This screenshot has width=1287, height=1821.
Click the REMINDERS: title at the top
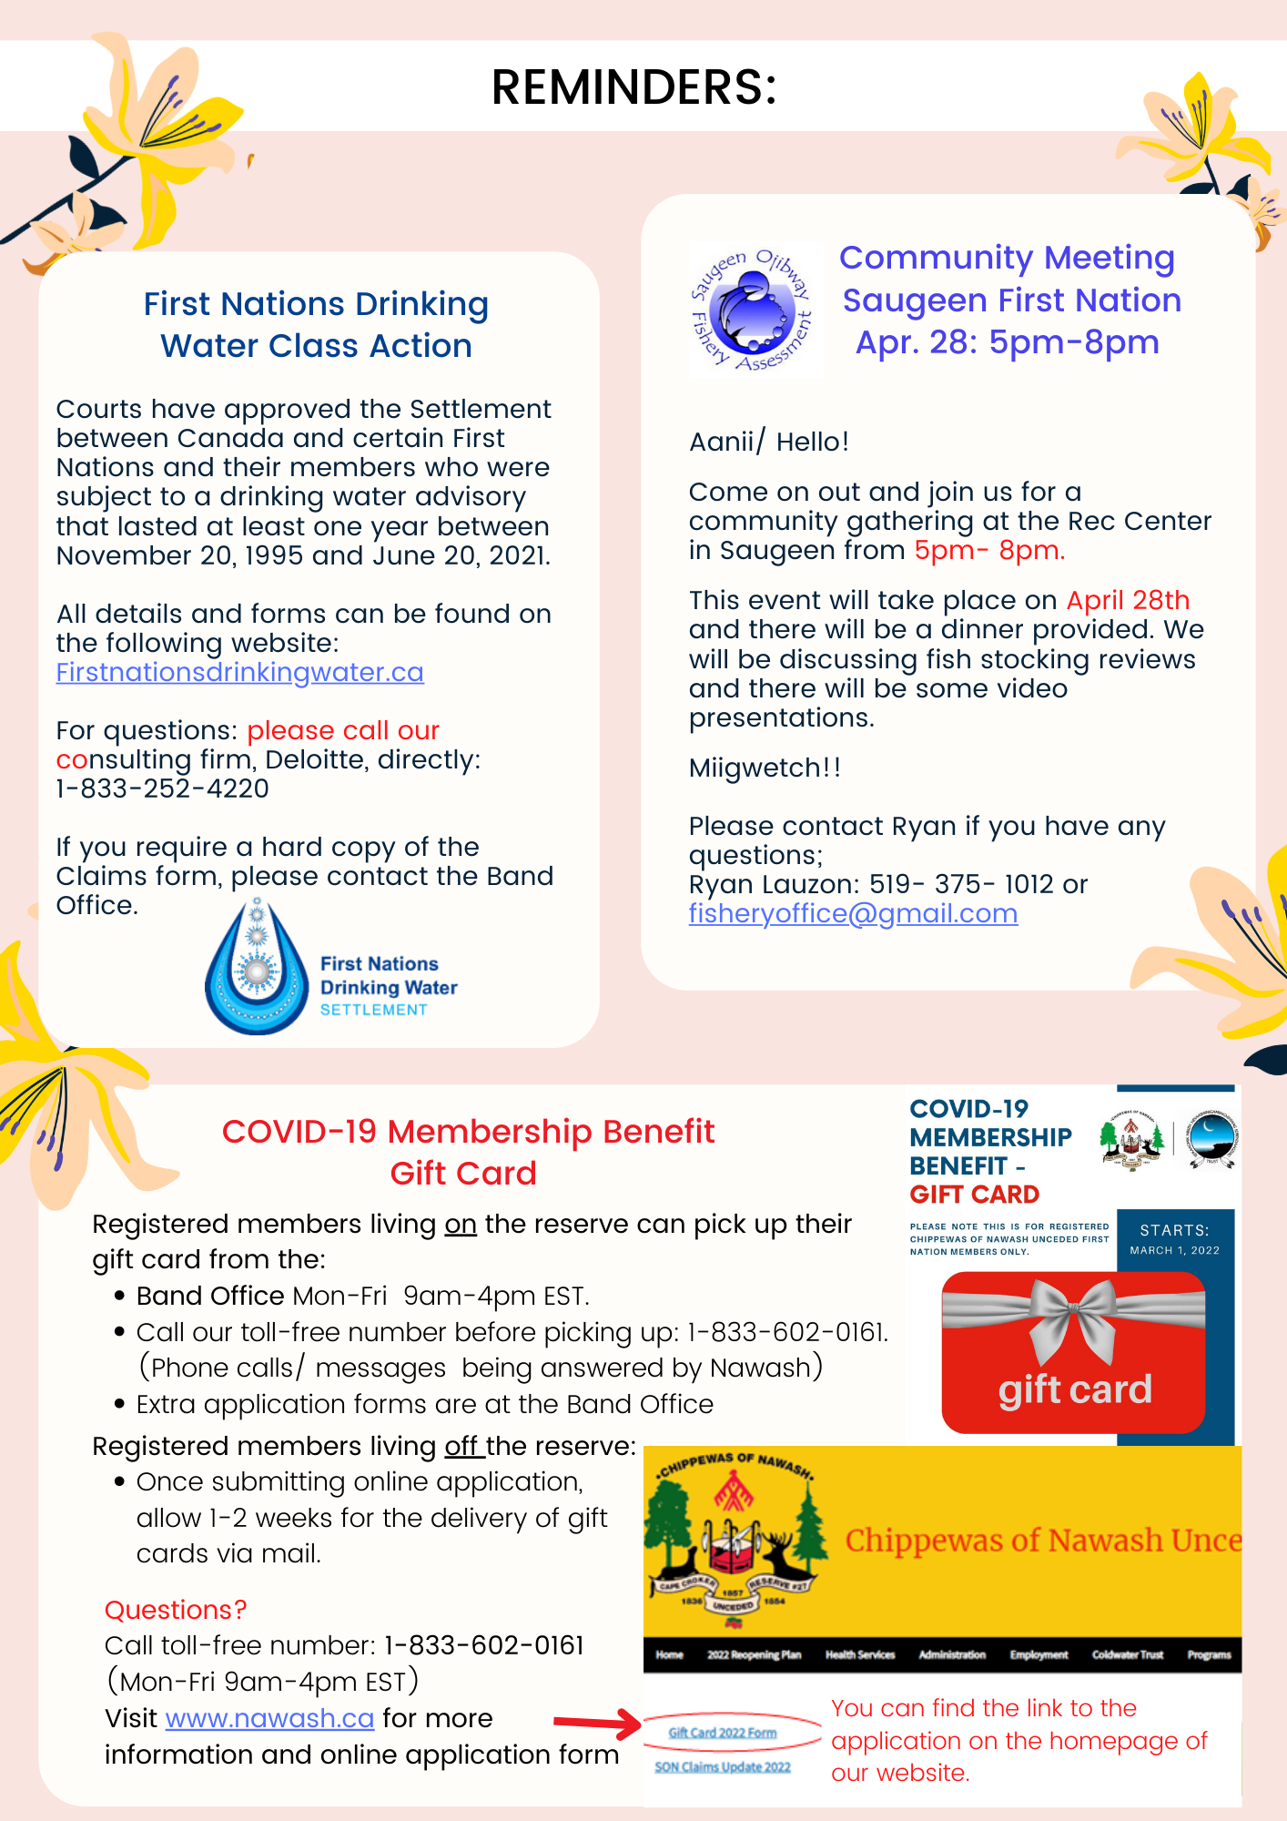coord(633,87)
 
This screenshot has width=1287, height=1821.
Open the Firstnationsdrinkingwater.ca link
coord(239,672)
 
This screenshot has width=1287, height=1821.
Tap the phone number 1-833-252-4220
coord(163,788)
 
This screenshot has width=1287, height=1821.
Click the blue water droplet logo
coord(257,971)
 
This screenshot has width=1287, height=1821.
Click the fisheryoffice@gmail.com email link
coord(853,913)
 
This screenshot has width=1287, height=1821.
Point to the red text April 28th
coord(1128,601)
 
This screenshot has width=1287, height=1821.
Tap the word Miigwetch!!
coord(765,768)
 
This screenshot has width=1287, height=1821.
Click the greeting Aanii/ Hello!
coord(769,442)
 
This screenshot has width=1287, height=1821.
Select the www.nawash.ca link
coord(269,1718)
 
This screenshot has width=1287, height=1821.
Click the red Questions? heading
coord(176,1610)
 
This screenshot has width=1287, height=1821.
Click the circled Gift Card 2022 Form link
coord(723,1733)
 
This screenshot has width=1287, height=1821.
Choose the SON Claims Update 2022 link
coord(723,1767)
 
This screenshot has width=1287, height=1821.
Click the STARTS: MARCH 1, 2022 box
coord(1174,1239)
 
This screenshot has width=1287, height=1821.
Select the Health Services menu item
coord(860,1654)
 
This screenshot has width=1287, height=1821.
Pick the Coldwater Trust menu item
coord(1128,1654)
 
